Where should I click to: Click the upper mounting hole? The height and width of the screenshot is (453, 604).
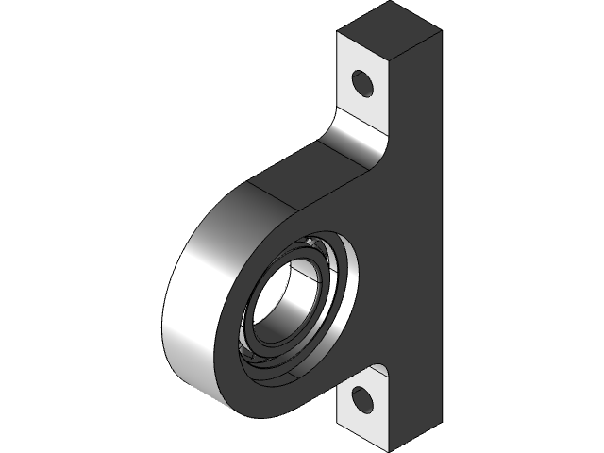[363, 83]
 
